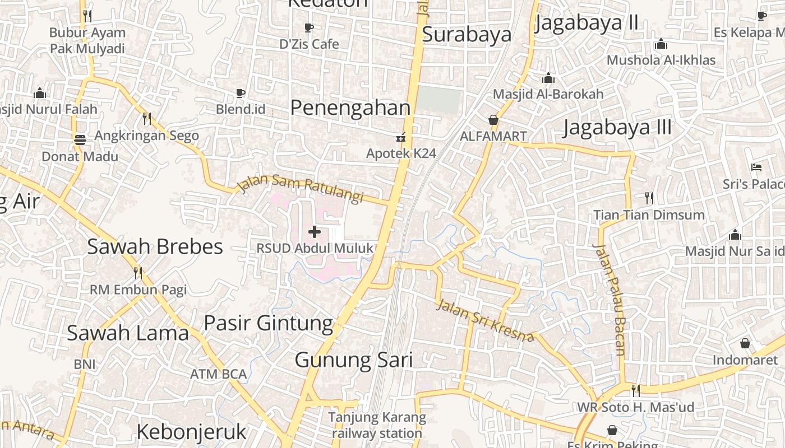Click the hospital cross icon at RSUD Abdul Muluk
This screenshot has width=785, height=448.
(x=315, y=231)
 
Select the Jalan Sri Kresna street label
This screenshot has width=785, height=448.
(x=485, y=321)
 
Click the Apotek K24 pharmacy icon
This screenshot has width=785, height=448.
(x=401, y=137)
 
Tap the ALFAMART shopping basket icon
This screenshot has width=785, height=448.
(x=493, y=120)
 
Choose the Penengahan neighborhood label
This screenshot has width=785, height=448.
(x=350, y=107)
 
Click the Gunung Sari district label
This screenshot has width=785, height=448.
(x=354, y=360)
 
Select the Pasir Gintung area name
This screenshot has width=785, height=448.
(x=268, y=323)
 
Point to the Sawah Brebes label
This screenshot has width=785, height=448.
(x=155, y=246)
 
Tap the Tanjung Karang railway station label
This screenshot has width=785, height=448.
(x=377, y=425)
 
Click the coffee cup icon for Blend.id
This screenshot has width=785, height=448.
(x=241, y=93)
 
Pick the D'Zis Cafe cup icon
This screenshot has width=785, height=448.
(x=309, y=27)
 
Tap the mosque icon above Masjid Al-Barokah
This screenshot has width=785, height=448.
(x=548, y=78)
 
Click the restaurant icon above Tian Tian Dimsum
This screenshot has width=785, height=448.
(x=649, y=198)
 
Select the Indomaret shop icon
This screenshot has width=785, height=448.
(x=745, y=343)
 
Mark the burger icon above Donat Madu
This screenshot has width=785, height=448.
(x=80, y=139)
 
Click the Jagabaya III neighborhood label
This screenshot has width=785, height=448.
(x=617, y=127)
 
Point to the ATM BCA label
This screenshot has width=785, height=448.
(x=218, y=374)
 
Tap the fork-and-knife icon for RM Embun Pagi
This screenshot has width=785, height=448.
(x=138, y=273)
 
